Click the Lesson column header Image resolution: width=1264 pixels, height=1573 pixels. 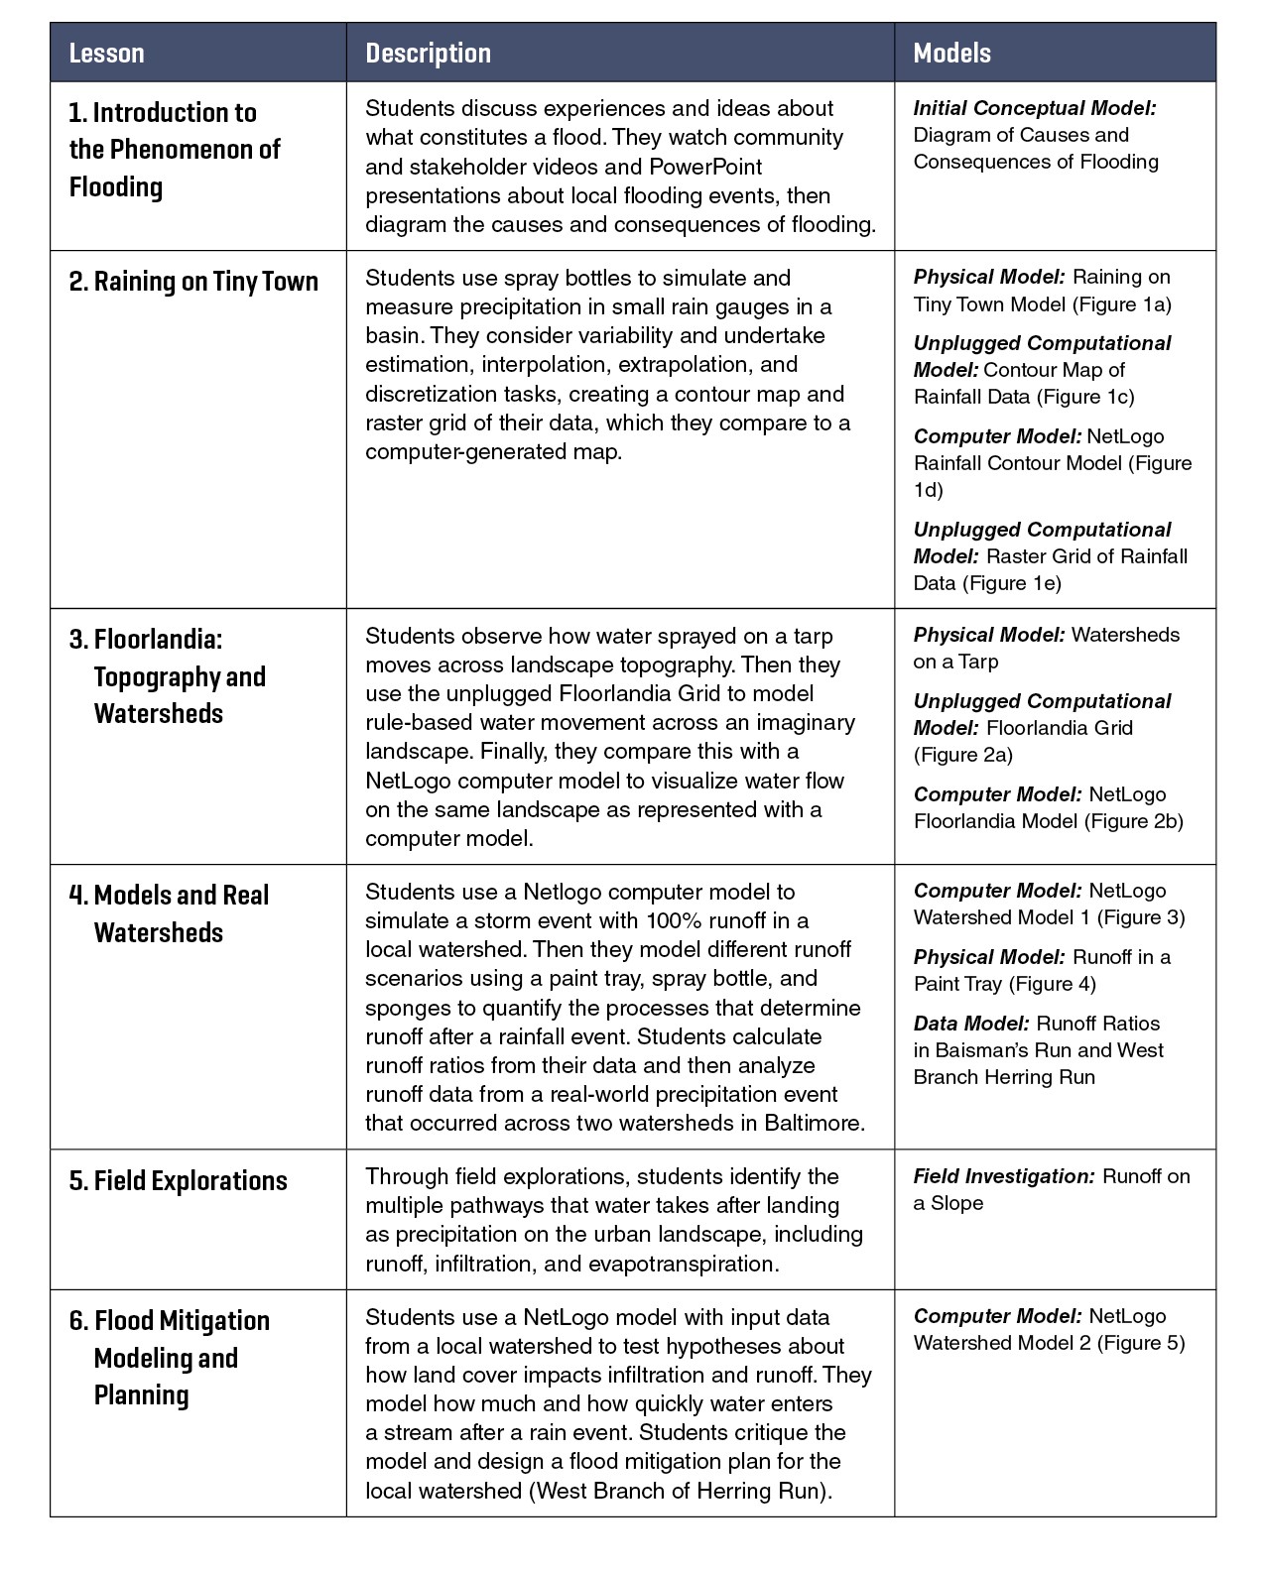coord(106,54)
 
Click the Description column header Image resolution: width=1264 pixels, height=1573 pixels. coord(428,54)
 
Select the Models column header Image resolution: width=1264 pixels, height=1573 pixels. coord(951,54)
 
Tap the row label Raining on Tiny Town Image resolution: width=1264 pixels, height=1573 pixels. coord(193,282)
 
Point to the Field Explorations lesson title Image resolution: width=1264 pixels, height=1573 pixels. coord(179,1181)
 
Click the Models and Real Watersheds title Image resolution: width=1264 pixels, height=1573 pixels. coord(169,913)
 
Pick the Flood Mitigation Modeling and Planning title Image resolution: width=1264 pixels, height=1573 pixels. coord(169,1358)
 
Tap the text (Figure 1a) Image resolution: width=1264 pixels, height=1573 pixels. coord(1122,304)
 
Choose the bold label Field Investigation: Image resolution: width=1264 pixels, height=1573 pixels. coord(1004,1176)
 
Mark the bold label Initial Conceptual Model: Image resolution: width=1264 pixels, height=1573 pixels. coord(1034,108)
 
